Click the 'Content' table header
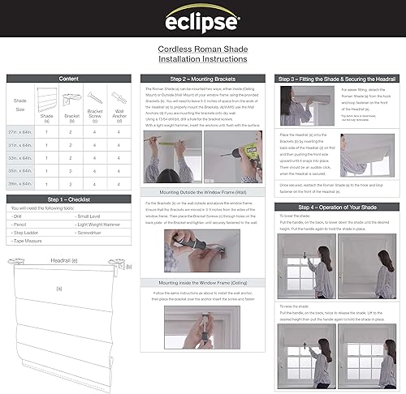70,79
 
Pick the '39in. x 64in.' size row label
23,183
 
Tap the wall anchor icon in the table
119,98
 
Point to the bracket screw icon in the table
95,98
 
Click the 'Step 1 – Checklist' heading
70,199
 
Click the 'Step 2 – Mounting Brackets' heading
203,79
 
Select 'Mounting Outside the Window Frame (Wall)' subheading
203,193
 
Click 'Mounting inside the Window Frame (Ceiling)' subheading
203,281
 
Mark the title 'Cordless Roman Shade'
203,49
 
